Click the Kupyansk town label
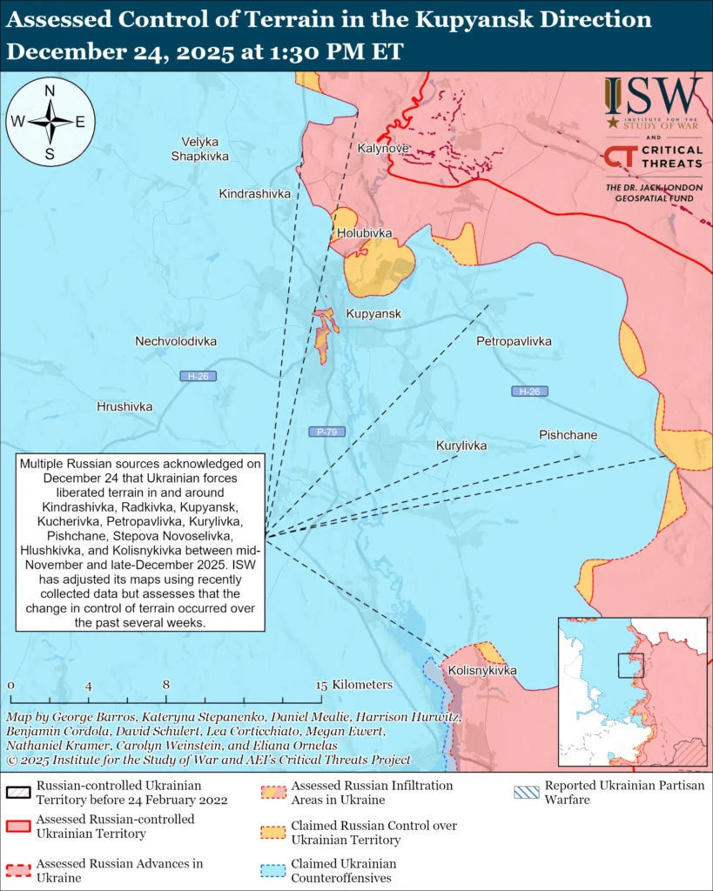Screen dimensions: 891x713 point(373,314)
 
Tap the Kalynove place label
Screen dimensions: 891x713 point(383,149)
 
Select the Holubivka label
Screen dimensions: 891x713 point(365,233)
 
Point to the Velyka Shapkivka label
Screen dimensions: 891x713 point(200,149)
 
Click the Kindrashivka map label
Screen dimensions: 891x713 point(254,193)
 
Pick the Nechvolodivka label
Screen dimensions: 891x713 point(176,342)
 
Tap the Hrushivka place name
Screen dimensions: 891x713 point(124,406)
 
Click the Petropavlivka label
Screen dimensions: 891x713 point(514,342)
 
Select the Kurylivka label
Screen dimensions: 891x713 point(461,445)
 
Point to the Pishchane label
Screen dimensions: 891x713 point(568,435)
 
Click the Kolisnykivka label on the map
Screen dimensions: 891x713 point(482,671)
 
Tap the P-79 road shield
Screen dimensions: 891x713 point(322,432)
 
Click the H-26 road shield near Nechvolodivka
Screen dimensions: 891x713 point(198,376)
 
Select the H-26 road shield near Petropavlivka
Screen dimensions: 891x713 point(529,392)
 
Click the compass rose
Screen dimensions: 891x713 point(50,122)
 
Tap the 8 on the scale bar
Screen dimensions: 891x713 point(165,685)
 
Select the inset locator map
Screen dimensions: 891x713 point(632,692)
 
